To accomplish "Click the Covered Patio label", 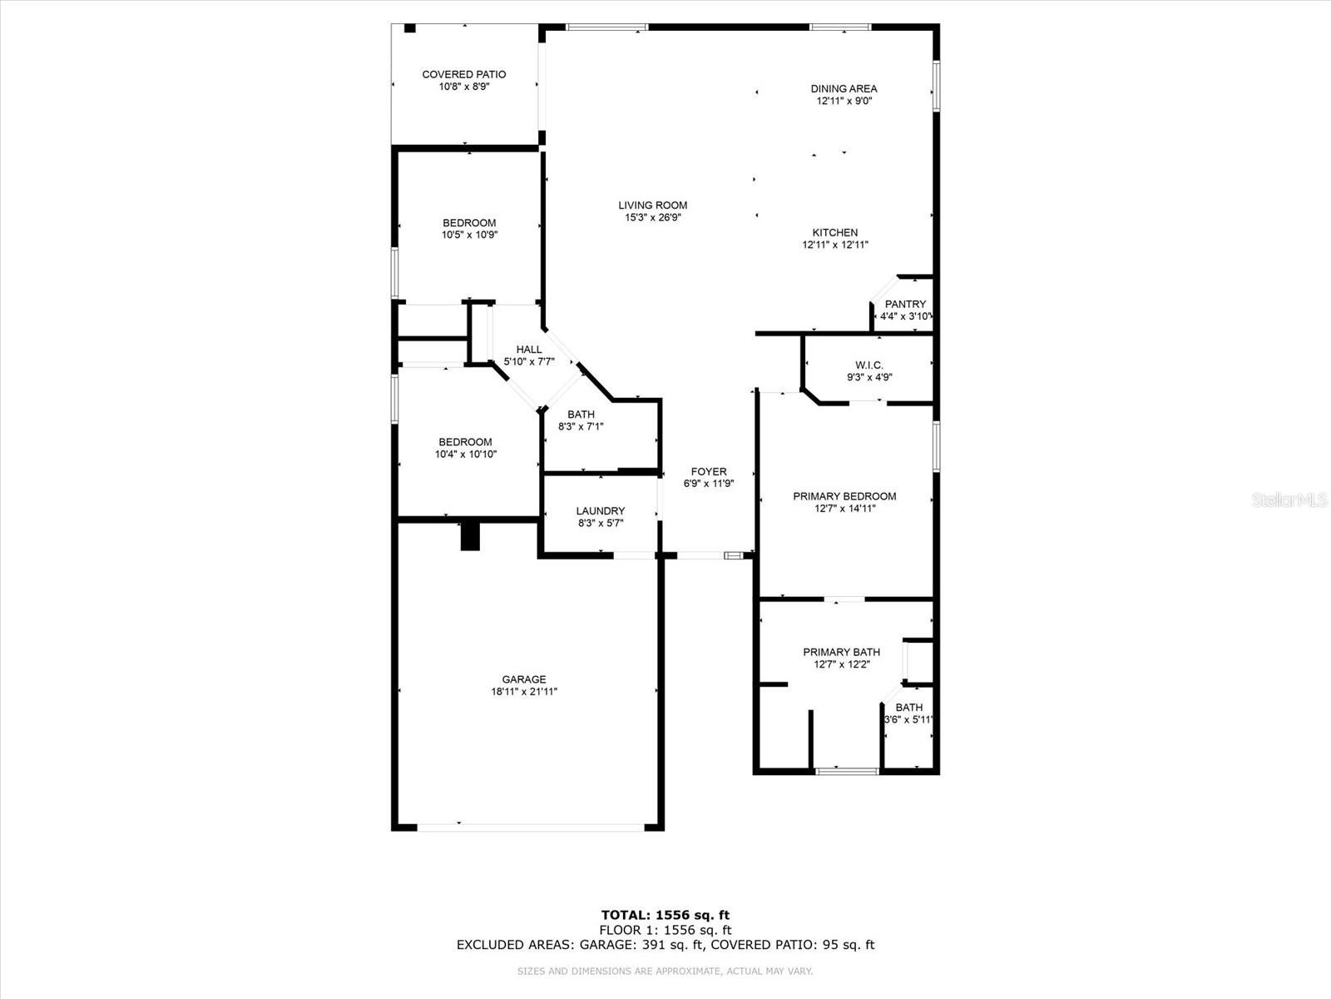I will point(463,74).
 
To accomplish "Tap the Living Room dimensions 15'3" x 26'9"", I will point(653,218).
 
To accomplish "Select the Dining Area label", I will point(844,88).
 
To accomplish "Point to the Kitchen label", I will point(834,232).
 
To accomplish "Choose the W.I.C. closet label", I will point(869,365).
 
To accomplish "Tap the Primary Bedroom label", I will point(844,496).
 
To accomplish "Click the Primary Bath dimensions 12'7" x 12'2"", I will point(842,664).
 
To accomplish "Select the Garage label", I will point(523,679).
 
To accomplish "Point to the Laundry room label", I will point(600,511).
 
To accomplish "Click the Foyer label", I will point(708,471).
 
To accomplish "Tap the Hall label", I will point(528,350).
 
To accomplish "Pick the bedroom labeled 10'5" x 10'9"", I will point(469,228).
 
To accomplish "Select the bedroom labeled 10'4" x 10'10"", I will point(465,448).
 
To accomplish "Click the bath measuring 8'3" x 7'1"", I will point(581,420).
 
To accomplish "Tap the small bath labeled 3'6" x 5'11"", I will point(908,713).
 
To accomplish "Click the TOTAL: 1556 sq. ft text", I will point(665,916).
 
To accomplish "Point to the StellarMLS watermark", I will point(1289,499).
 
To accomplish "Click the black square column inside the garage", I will point(471,536).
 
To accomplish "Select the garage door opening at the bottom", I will point(530,828).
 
